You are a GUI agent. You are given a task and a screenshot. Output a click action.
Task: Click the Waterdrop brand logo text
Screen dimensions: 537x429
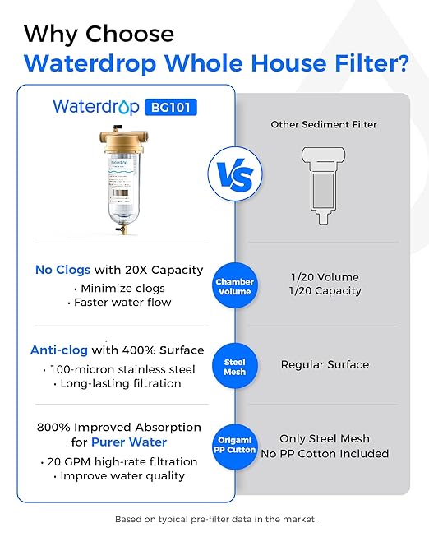tap(97, 106)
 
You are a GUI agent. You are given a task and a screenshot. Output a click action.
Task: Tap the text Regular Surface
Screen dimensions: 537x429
tap(325, 364)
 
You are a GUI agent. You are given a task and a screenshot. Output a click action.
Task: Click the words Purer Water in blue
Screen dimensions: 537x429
tap(124, 442)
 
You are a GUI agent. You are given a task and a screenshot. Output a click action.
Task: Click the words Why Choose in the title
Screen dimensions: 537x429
tap(99, 34)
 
